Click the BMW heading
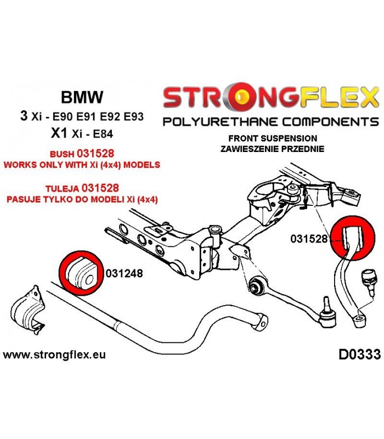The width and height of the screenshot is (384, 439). pyautogui.click(x=82, y=97)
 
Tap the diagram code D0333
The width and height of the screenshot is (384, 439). pyautogui.click(x=360, y=354)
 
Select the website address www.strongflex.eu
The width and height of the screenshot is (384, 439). pyautogui.click(x=54, y=354)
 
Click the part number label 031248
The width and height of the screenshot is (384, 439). pyautogui.click(x=125, y=273)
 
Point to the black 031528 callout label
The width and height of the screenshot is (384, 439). pyautogui.click(x=309, y=239)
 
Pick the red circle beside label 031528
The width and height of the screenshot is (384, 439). pyautogui.click(x=352, y=238)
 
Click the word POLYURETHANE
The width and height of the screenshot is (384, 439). pyautogui.click(x=221, y=122)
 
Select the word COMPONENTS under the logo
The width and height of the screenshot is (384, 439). pyautogui.click(x=331, y=122)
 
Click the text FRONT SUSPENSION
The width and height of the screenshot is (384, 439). pyautogui.click(x=273, y=138)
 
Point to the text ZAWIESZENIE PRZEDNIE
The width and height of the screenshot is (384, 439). pyautogui.click(x=272, y=149)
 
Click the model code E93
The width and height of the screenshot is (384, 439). pyautogui.click(x=133, y=116)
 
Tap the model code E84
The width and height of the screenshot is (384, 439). pyautogui.click(x=103, y=134)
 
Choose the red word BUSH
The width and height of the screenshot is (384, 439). pyautogui.click(x=62, y=154)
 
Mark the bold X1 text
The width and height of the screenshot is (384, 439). pyautogui.click(x=59, y=133)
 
